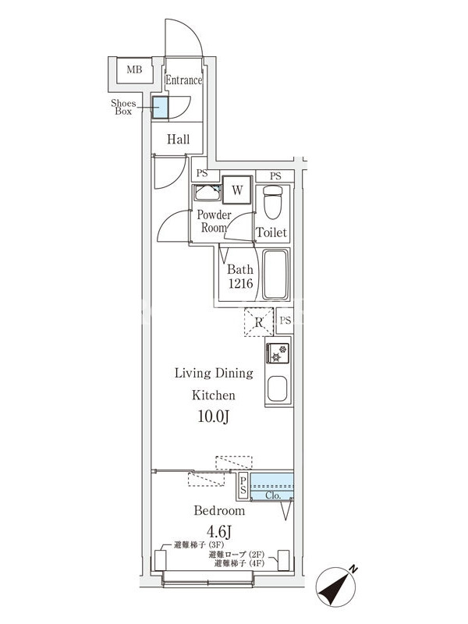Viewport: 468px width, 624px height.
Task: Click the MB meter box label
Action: pyautogui.click(x=134, y=69)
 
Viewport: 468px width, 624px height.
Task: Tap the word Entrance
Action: pyautogui.click(x=183, y=80)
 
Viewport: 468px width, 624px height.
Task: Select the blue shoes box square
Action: pyautogui.click(x=161, y=108)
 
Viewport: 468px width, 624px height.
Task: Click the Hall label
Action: pyautogui.click(x=179, y=140)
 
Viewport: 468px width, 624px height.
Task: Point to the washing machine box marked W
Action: pyautogui.click(x=237, y=190)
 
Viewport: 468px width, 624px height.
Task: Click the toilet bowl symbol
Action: pyautogui.click(x=272, y=202)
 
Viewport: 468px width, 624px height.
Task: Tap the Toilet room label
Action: pyautogui.click(x=271, y=232)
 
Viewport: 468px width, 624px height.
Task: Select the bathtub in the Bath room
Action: pyautogui.click(x=275, y=274)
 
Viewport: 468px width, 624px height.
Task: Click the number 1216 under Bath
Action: pyautogui.click(x=240, y=283)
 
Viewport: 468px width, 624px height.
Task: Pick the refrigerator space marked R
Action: pyautogui.click(x=259, y=322)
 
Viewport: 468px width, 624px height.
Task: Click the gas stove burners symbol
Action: pyautogui.click(x=278, y=353)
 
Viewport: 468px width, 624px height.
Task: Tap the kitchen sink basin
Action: pyautogui.click(x=278, y=388)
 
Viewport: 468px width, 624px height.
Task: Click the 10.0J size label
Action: pyautogui.click(x=214, y=417)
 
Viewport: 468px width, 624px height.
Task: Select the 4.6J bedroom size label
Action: pyautogui.click(x=219, y=530)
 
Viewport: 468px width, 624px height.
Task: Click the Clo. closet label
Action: pyautogui.click(x=273, y=496)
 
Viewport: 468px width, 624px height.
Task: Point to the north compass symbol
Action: pyautogui.click(x=336, y=587)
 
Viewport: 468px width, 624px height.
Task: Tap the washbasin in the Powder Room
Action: pyautogui.click(x=207, y=193)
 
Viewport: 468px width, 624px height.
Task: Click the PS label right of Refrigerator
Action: pyautogui.click(x=285, y=320)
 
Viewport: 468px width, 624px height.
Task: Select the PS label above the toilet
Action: pyautogui.click(x=275, y=175)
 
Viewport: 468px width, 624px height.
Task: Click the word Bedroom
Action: pyautogui.click(x=219, y=511)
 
